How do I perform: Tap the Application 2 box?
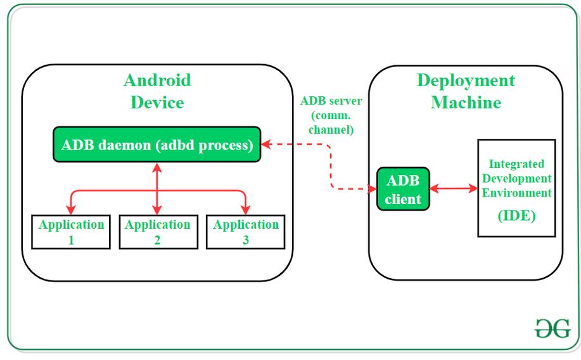tap(158, 232)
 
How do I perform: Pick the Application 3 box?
tap(245, 232)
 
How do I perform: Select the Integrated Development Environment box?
tap(516, 188)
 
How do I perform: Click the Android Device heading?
tap(157, 91)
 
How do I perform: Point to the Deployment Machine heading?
tap(466, 91)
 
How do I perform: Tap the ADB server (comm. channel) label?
tap(326, 115)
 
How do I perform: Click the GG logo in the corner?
tap(551, 328)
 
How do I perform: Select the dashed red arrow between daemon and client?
tap(330, 166)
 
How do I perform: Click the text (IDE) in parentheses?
tap(516, 215)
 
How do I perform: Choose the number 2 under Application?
tap(158, 240)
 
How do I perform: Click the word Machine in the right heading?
tap(466, 103)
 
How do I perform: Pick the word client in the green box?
tap(403, 199)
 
